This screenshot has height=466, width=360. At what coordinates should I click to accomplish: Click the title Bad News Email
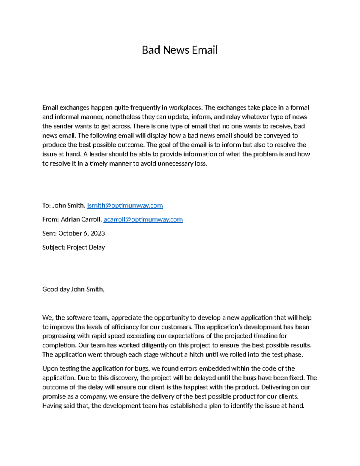(179, 50)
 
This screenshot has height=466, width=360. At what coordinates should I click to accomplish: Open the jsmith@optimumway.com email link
(125, 206)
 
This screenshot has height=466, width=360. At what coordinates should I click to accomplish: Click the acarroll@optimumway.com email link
(143, 220)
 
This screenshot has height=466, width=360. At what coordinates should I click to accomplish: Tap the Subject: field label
(54, 248)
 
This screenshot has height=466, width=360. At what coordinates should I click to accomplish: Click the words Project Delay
(86, 248)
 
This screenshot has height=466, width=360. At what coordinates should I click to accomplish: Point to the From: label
(50, 220)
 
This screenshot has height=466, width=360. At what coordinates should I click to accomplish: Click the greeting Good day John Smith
(73, 290)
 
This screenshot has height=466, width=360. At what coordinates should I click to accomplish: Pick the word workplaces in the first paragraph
(186, 108)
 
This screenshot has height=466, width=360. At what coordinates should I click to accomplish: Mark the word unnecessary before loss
(174, 164)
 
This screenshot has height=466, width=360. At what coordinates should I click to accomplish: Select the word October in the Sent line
(69, 233)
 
